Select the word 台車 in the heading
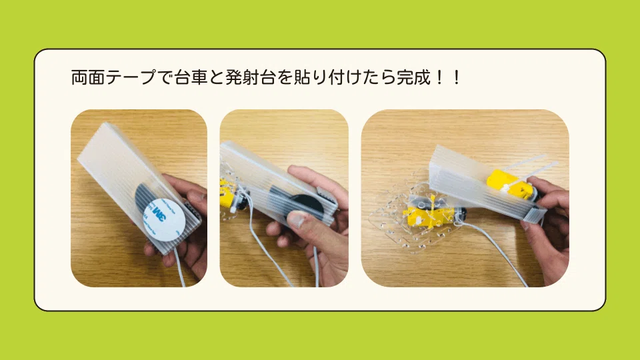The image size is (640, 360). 191,77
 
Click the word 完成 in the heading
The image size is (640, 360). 413,77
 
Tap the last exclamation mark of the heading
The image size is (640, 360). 456,77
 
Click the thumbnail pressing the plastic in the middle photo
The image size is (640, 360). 297,221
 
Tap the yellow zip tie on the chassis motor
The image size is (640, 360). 432,207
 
